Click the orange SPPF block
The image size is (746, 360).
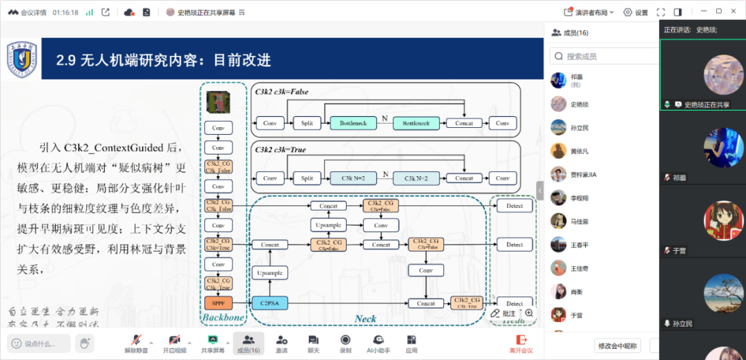[218, 303]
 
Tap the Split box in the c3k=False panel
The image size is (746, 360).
[307, 123]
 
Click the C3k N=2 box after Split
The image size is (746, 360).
[353, 178]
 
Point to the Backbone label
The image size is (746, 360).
[223, 318]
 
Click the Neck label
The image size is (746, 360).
[365, 319]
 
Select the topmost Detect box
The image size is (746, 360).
[515, 206]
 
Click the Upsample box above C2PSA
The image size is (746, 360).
[270, 273]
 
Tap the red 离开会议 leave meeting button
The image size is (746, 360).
[522, 343]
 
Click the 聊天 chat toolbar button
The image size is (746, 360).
[314, 343]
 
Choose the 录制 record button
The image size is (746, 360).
[345, 343]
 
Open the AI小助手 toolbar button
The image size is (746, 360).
[379, 343]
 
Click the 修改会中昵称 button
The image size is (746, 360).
[618, 345]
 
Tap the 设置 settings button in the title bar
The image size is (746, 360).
[635, 12]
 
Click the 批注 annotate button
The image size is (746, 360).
[504, 314]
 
